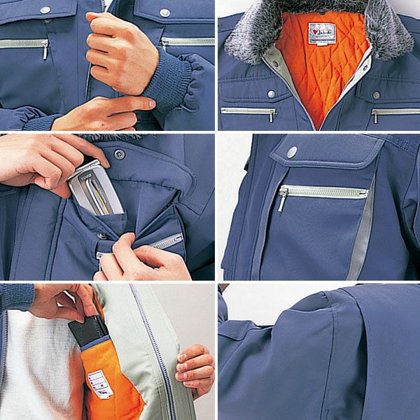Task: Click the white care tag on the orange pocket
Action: (x=100, y=384)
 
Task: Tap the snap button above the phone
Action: (x=120, y=153)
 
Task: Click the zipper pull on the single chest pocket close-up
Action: (x=282, y=199)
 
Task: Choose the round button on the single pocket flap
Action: (x=292, y=151)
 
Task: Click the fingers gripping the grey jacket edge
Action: (x=194, y=367)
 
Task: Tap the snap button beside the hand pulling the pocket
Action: (x=101, y=235)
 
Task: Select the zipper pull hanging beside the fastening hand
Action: (x=45, y=49)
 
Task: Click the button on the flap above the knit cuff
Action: (x=164, y=13)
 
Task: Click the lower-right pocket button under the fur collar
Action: (x=376, y=94)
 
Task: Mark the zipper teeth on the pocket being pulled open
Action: (x=168, y=241)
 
